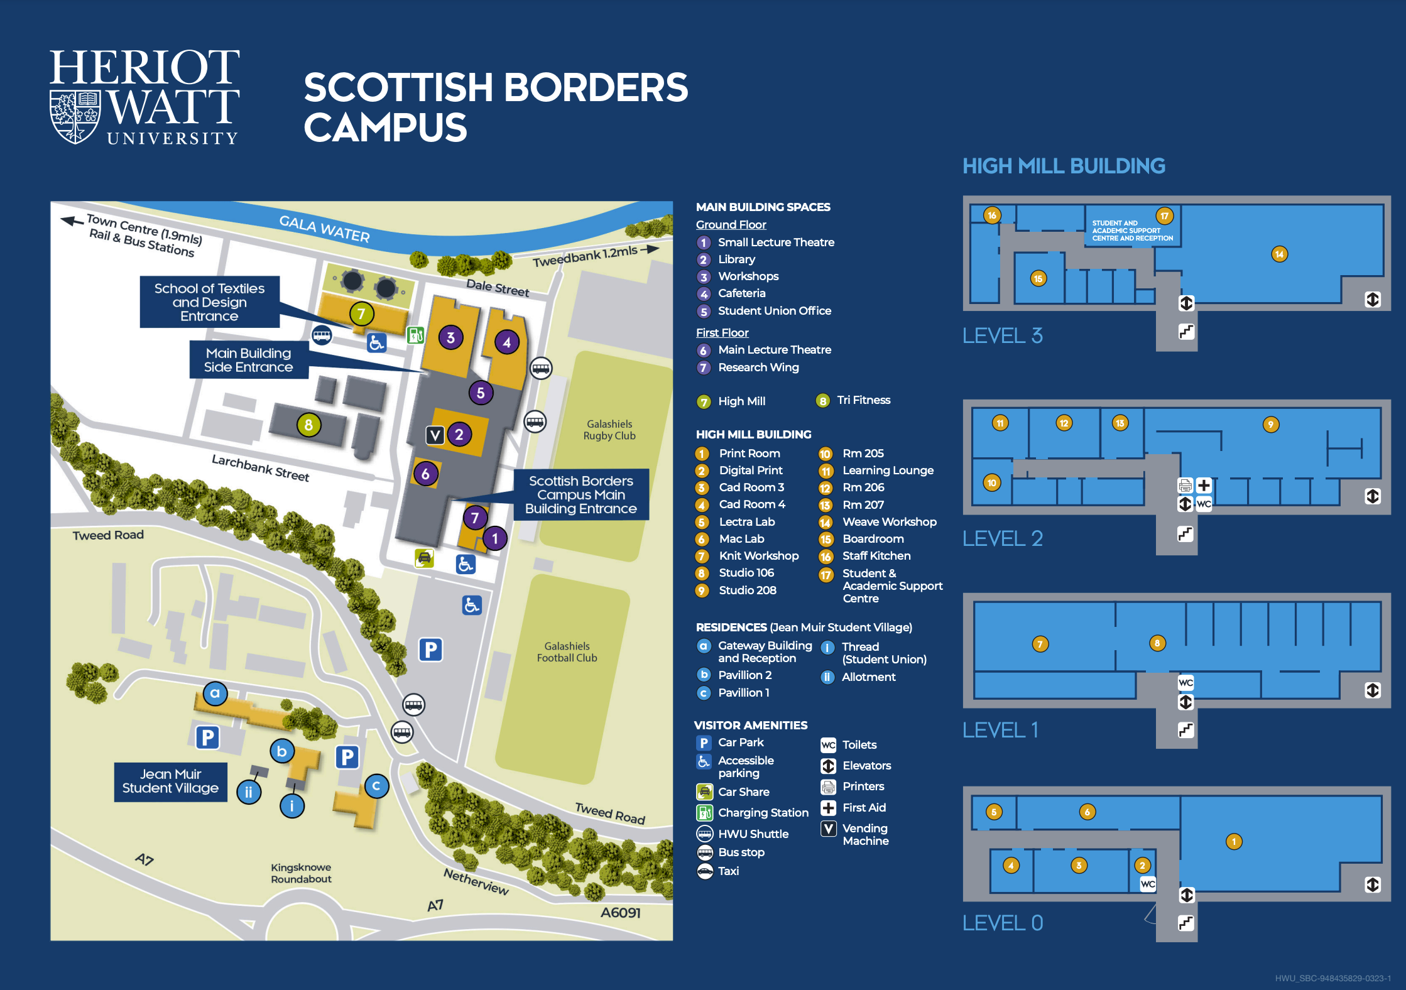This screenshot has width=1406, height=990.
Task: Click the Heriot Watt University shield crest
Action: pyautogui.click(x=75, y=117)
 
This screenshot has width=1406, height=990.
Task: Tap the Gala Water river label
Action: pyautogui.click(x=324, y=229)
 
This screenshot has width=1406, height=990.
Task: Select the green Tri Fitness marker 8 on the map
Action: pyautogui.click(x=308, y=425)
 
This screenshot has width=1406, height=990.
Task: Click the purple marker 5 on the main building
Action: pyautogui.click(x=481, y=393)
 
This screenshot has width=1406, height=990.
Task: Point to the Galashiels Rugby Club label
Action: pyautogui.click(x=609, y=430)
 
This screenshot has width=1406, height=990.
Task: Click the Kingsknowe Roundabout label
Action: pyautogui.click(x=301, y=873)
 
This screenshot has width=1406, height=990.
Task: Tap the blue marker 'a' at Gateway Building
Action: pyautogui.click(x=215, y=694)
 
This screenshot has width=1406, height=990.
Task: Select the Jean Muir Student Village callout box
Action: pyautogui.click(x=170, y=781)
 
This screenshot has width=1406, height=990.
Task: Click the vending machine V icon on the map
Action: pyautogui.click(x=435, y=435)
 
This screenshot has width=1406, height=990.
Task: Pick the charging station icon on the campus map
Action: pyautogui.click(x=415, y=335)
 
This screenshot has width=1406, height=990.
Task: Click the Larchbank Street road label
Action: pyautogui.click(x=261, y=468)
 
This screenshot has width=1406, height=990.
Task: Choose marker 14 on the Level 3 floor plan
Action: pyautogui.click(x=1279, y=254)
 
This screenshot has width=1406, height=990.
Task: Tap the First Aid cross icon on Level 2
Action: pyautogui.click(x=1204, y=486)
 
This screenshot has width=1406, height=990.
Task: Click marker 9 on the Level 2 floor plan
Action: pyautogui.click(x=1270, y=425)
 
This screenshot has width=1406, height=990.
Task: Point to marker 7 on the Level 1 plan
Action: pyautogui.click(x=1040, y=644)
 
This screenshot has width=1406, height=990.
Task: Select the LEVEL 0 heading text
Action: pyautogui.click(x=1003, y=923)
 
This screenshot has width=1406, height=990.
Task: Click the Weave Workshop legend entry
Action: pyautogui.click(x=890, y=522)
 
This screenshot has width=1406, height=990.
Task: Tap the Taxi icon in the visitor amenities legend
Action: pyautogui.click(x=705, y=871)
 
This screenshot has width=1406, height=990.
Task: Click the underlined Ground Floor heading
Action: pyautogui.click(x=731, y=225)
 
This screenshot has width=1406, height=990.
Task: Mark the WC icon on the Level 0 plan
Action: pyautogui.click(x=1148, y=884)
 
